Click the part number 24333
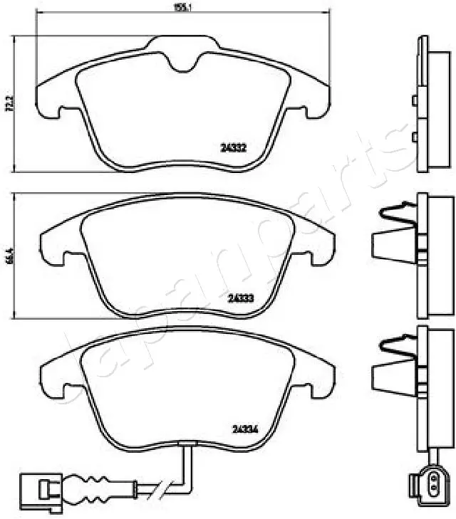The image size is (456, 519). pos(242,298)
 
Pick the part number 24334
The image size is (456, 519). pos(244,428)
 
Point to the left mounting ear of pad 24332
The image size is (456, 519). pos(50,100)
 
